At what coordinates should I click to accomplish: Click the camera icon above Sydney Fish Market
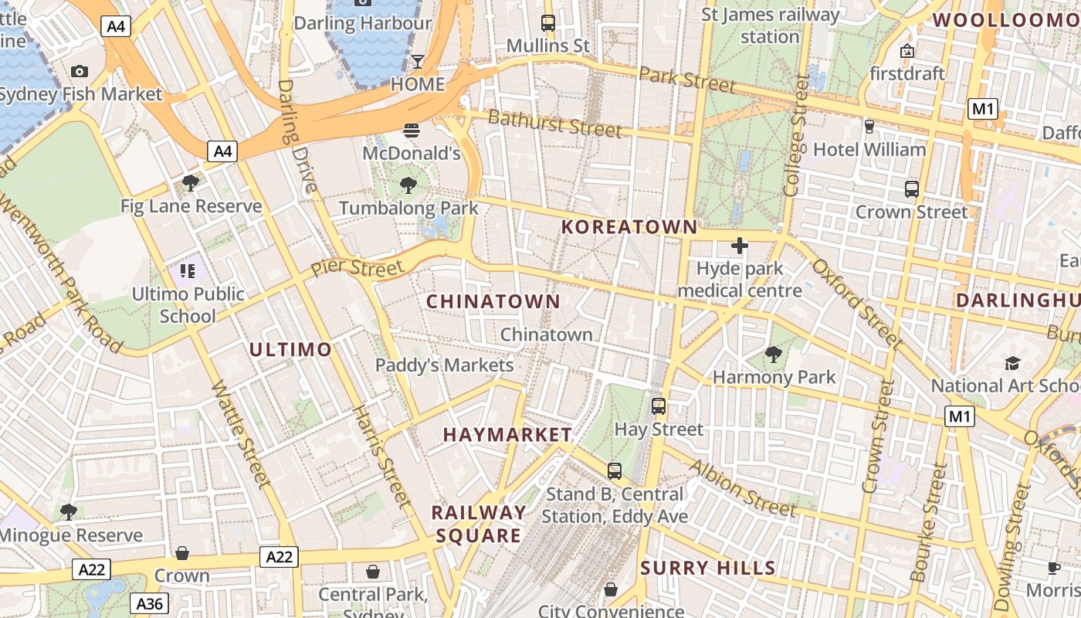point(79,72)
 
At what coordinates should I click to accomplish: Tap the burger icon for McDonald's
point(411,131)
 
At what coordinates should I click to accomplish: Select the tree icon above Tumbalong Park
point(408,185)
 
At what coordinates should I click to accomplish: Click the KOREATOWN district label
point(629,227)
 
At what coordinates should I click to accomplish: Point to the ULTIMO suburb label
point(290,349)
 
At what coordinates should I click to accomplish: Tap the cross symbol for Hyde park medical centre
point(740,246)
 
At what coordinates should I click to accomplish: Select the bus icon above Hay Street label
point(659,406)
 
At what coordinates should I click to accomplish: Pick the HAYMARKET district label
point(507,435)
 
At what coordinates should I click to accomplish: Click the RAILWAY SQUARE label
point(479,524)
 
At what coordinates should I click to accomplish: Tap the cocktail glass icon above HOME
point(418,61)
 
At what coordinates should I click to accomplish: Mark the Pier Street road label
point(357,268)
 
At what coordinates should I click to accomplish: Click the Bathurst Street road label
point(554,124)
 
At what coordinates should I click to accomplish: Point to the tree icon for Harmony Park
point(773,355)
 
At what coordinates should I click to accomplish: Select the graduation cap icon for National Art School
point(1012,363)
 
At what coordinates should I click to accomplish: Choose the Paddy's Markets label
point(444,365)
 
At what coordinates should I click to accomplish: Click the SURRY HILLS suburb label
point(708,569)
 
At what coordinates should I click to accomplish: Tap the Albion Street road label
point(741,487)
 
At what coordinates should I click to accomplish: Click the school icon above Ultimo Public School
point(188,271)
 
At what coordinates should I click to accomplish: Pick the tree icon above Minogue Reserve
point(69,511)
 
